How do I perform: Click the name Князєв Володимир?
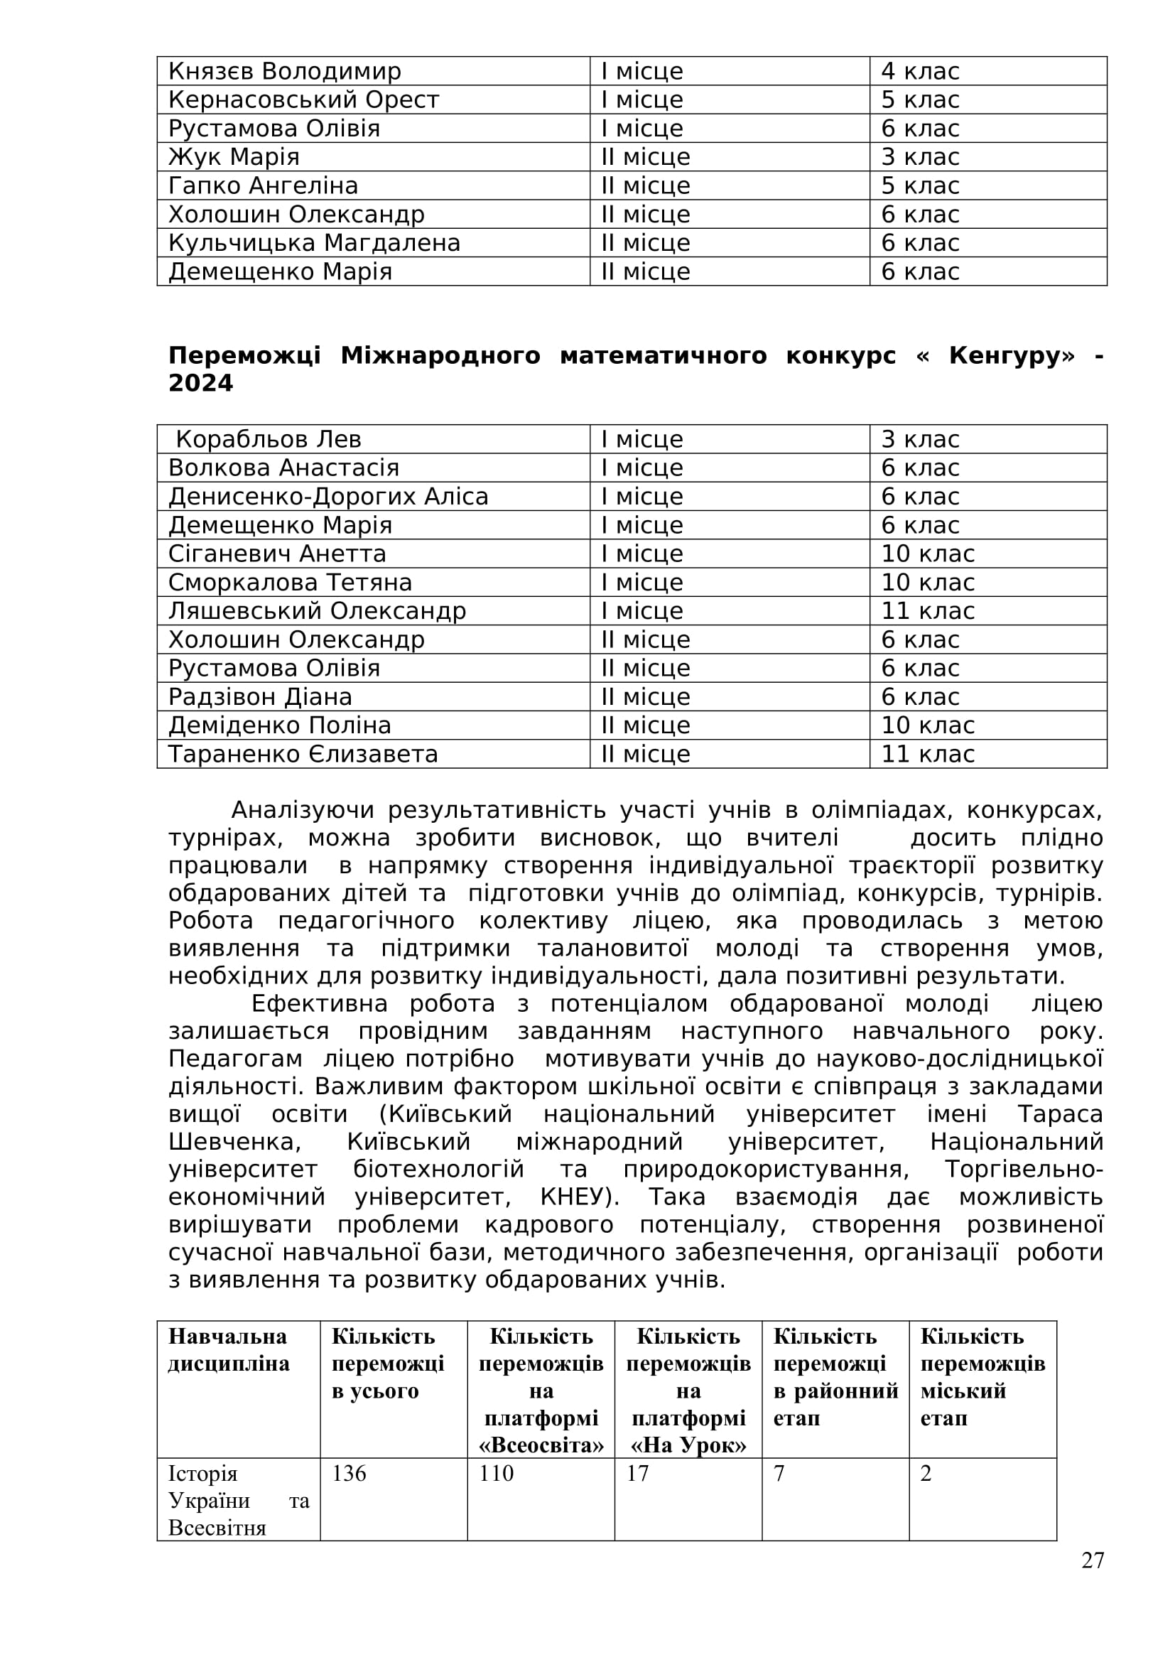point(284,72)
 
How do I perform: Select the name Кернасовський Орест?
point(303,100)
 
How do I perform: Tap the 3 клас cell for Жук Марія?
point(919,157)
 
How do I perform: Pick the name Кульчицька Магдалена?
point(314,243)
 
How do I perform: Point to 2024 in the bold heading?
point(200,384)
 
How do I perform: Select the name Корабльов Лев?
point(268,439)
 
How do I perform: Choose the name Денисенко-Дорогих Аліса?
point(327,497)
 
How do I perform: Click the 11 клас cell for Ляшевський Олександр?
point(928,611)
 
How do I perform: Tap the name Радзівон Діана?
point(260,697)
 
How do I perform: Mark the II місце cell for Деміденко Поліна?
point(645,725)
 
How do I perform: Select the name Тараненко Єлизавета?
point(303,755)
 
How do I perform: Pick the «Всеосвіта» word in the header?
point(541,1445)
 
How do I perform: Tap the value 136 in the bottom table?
point(349,1473)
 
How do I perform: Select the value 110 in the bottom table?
point(497,1473)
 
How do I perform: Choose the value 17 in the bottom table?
point(637,1473)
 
